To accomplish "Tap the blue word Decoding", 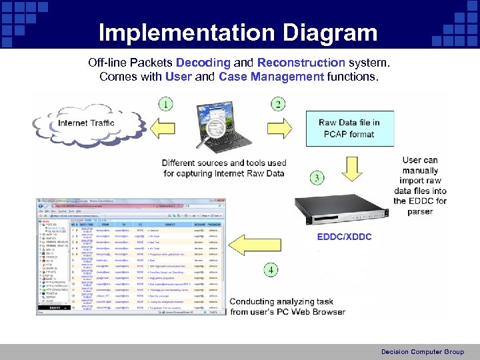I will click(x=203, y=63).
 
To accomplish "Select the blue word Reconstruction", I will click(x=301, y=63).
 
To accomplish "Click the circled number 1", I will click(x=165, y=104).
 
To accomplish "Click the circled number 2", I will click(x=279, y=104).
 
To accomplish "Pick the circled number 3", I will click(x=317, y=178).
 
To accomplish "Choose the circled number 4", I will click(x=271, y=270).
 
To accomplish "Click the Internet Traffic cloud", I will click(x=85, y=123).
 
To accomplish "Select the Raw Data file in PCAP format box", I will click(x=349, y=129).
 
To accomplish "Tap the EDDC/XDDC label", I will click(x=344, y=237).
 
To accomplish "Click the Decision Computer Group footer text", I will click(x=422, y=351).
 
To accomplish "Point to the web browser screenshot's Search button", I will click(x=54, y=307).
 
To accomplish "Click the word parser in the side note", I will click(x=419, y=211).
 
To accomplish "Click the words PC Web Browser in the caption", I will click(x=308, y=312).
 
